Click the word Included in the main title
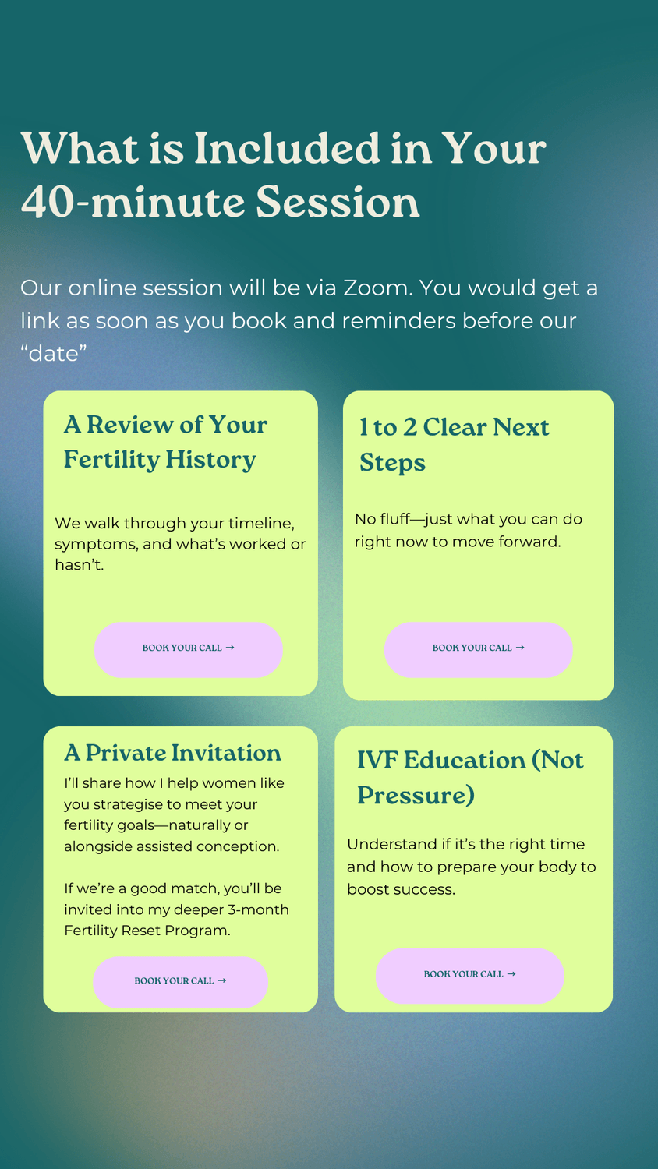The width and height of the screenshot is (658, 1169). click(287, 148)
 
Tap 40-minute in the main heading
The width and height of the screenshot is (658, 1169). click(133, 201)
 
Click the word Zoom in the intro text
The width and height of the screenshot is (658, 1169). click(376, 288)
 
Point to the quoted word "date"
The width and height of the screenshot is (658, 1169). click(53, 353)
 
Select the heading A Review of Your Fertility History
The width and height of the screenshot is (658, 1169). click(165, 443)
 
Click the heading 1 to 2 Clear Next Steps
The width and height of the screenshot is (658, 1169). click(454, 445)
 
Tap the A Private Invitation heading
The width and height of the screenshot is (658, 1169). click(173, 753)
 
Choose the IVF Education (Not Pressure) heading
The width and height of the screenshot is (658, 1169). click(470, 778)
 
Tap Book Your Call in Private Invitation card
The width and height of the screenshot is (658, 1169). click(181, 982)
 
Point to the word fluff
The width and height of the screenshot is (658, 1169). click(395, 519)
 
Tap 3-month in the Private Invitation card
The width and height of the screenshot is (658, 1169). click(258, 909)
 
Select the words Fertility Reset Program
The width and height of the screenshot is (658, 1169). click(147, 931)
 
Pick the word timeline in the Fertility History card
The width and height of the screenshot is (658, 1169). click(261, 524)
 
